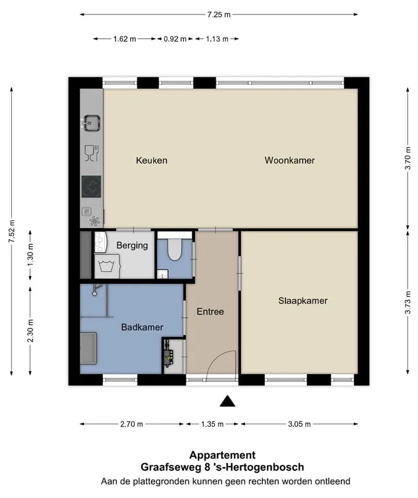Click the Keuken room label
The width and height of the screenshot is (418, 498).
152,160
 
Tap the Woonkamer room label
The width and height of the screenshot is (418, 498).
290,160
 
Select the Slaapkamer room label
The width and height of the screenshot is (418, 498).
302,301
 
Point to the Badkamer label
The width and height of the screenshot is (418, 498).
142,327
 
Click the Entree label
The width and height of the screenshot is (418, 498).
210,312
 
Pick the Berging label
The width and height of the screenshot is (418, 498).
132,246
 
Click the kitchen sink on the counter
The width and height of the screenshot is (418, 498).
92,123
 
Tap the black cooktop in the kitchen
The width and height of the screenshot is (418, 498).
92,187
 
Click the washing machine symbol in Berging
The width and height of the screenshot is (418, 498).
107,266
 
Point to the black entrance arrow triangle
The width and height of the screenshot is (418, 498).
228,401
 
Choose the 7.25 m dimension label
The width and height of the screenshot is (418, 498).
219,15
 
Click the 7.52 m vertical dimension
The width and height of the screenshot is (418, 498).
12,231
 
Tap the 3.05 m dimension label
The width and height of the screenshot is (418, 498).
299,424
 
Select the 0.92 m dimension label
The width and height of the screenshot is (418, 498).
175,39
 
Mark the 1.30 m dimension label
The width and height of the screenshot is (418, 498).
31,255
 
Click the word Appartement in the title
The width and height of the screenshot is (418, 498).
222,455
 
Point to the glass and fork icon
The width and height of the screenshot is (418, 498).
92,153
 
